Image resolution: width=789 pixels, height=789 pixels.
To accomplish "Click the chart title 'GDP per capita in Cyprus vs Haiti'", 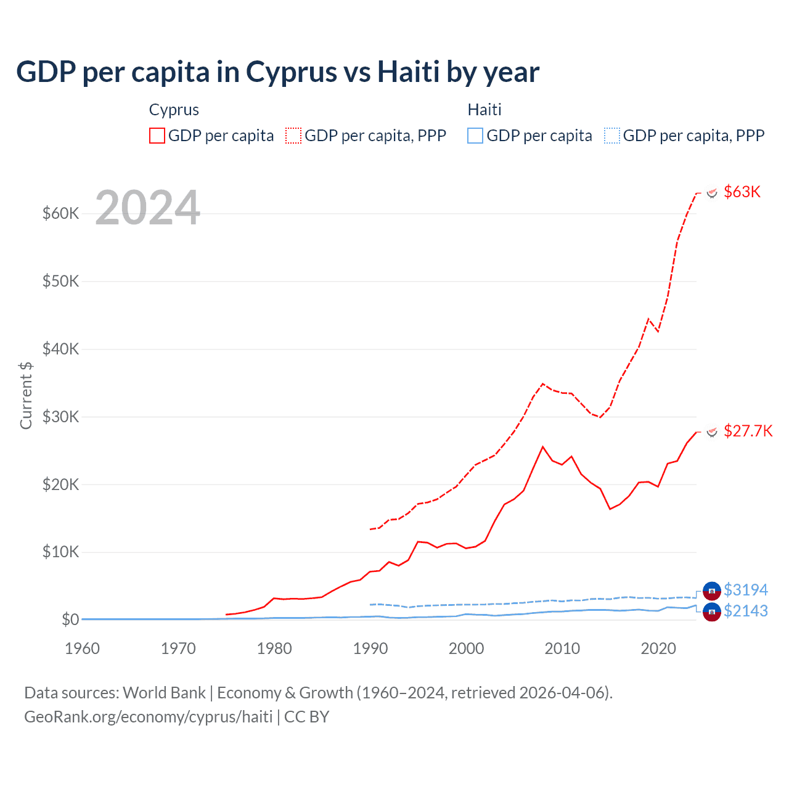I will tap(277, 72).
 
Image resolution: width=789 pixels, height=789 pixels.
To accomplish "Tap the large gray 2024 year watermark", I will tap(147, 208).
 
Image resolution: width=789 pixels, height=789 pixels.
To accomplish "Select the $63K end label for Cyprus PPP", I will tap(742, 192).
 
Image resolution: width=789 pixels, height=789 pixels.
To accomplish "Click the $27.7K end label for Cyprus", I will tap(748, 431).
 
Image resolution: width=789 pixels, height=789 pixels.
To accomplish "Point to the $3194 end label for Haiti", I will tap(746, 590).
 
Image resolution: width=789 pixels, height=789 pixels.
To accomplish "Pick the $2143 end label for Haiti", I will tap(746, 611).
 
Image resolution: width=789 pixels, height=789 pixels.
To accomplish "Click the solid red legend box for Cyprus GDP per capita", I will tap(157, 136).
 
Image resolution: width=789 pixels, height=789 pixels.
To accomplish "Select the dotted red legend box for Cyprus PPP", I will tap(293, 136).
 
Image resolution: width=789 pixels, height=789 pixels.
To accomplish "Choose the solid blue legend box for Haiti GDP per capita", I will tap(475, 136).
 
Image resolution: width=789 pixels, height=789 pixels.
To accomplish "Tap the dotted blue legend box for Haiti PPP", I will tap(611, 136).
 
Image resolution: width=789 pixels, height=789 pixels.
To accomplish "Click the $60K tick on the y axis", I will tap(60, 214).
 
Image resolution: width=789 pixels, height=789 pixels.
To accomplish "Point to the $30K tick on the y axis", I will tap(60, 417).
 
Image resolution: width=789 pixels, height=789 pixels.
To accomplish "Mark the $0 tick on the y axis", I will tap(70, 619).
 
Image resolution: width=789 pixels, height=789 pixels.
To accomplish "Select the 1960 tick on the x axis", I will tap(82, 648).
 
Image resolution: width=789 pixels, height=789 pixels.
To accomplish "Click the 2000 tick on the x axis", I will tap(466, 648).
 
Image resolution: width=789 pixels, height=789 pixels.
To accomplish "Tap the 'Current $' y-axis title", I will tap(26, 396).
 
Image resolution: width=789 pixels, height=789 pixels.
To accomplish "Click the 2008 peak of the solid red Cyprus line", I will tap(542, 447).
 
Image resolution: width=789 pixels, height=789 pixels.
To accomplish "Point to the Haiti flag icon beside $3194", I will tap(712, 591).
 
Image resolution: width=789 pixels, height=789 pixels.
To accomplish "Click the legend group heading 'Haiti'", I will tap(484, 110).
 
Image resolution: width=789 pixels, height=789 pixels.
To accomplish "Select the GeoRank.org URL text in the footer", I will tap(148, 717).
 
